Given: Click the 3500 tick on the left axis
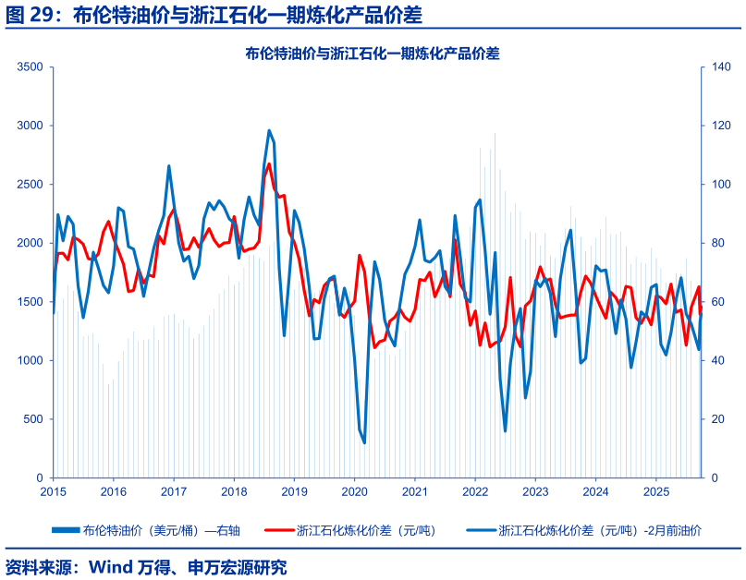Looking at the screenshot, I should tap(31, 66).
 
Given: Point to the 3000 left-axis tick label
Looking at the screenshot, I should tap(31, 126).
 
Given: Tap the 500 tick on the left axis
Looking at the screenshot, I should tap(34, 419).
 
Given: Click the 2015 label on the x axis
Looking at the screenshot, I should tap(53, 491).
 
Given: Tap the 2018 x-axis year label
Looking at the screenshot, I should tap(234, 491).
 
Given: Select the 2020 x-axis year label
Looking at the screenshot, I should tap(354, 491).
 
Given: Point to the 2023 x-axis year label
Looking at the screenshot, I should tap(535, 491).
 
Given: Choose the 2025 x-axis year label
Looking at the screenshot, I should tap(655, 491).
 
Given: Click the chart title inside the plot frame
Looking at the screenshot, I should tap(373, 54).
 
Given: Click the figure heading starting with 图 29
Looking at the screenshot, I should tap(214, 14).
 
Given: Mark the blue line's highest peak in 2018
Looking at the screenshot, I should tap(269, 130).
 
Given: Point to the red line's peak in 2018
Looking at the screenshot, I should tap(269, 164).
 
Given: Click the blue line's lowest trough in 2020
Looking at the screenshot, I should tap(364, 442).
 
